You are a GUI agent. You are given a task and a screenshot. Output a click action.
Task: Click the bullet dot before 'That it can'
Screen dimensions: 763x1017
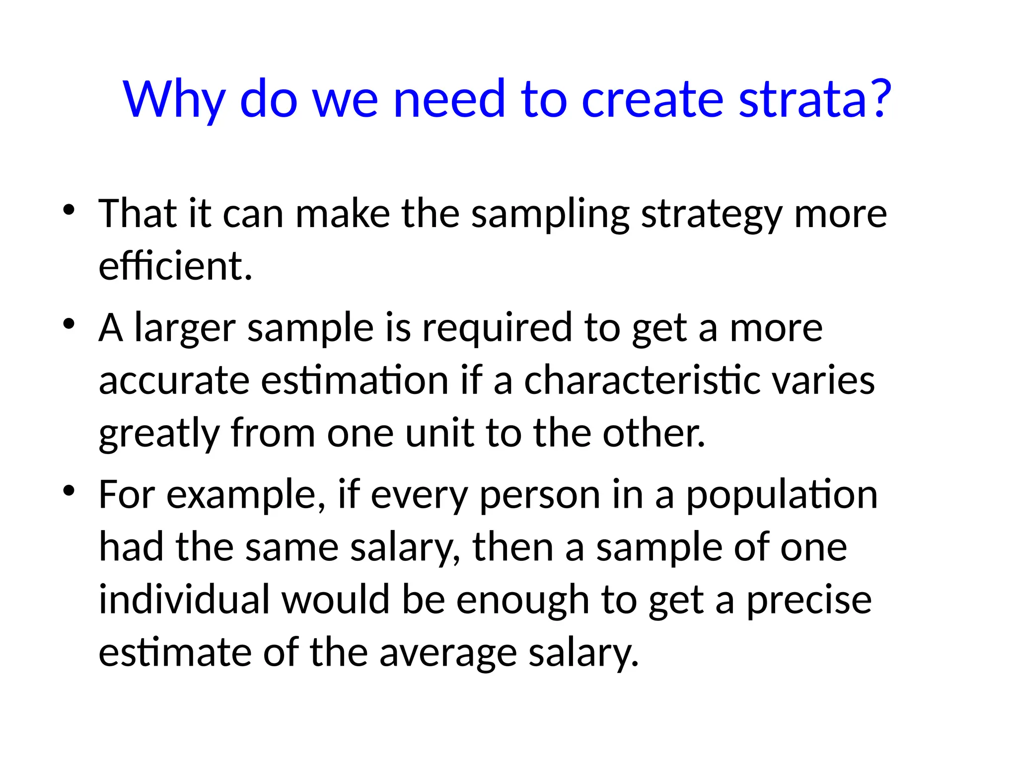(69, 210)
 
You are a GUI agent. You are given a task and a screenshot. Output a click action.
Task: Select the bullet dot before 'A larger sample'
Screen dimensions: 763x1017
(69, 324)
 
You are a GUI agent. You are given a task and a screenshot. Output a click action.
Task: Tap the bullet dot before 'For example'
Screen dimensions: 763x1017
(69, 491)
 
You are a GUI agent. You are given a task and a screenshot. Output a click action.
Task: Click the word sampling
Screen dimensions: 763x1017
(550, 215)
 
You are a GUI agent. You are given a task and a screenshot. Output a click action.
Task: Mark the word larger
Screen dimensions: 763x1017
(185, 329)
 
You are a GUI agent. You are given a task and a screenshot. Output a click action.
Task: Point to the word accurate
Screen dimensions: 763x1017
(174, 381)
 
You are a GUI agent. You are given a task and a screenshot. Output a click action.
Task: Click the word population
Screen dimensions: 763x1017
(782, 496)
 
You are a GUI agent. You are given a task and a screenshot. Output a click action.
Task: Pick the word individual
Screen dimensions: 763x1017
(184, 600)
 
